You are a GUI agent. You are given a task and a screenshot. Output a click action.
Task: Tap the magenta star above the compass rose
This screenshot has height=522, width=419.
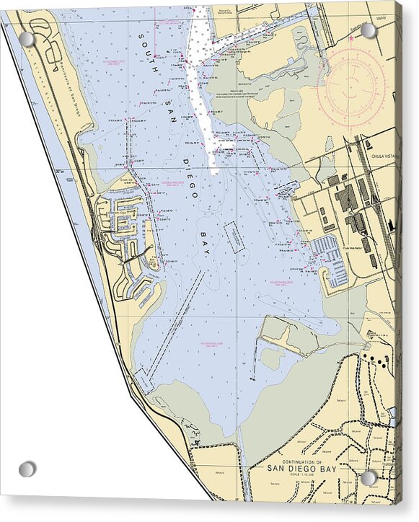pos(351,37)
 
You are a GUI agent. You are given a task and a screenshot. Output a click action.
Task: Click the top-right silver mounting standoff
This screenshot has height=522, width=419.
pos(369,30)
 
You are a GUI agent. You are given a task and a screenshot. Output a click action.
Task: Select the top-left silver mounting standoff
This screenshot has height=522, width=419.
pos(27,39)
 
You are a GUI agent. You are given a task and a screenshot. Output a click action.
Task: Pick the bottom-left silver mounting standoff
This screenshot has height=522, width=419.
pos(27,469)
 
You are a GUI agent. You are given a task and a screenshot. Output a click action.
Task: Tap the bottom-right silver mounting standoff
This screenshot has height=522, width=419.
pos(369,478)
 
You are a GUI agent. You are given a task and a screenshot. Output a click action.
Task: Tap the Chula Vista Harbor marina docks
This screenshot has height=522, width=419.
pos(330,260)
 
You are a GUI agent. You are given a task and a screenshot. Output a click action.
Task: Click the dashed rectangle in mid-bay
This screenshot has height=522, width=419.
pos(234,236)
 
